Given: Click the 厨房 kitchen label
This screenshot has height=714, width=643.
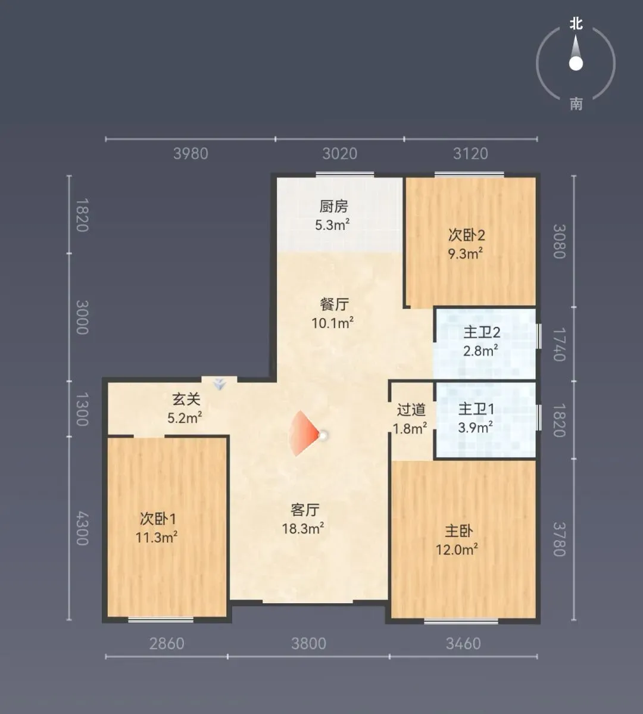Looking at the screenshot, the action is (x=333, y=206).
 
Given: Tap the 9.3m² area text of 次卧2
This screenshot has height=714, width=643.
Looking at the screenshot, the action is (x=466, y=253).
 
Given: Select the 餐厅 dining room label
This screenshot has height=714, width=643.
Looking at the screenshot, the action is (x=334, y=304).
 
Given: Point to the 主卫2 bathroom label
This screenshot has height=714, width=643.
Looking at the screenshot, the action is (x=482, y=332).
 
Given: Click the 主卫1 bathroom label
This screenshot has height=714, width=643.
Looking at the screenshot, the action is (x=476, y=409).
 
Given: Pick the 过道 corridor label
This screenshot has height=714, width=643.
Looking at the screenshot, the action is (x=411, y=409).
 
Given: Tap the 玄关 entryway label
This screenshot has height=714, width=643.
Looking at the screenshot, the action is (x=186, y=399).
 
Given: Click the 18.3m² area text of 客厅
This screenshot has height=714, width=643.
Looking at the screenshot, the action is (x=303, y=528).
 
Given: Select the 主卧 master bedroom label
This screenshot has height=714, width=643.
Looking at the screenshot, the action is (x=459, y=531).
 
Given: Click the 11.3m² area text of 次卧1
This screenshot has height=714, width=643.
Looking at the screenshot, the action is (x=156, y=537).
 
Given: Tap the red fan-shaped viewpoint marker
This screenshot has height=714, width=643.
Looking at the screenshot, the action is (x=304, y=434).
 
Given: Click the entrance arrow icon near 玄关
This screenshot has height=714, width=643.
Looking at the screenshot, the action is (x=220, y=384).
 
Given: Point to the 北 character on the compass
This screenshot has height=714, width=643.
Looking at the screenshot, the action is (x=576, y=23).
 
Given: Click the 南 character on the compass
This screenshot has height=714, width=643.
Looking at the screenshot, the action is (x=576, y=104).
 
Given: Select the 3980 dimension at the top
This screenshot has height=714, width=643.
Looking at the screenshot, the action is (x=191, y=154).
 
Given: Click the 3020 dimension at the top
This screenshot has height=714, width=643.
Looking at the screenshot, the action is (x=340, y=154).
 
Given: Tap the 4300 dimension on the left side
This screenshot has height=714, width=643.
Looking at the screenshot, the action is (x=82, y=528).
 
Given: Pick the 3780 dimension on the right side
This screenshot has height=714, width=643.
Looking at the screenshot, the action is (x=559, y=539).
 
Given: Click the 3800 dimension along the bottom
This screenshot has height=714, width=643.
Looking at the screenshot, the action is (x=309, y=643).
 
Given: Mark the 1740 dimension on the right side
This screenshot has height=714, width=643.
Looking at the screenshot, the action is (x=559, y=344).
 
